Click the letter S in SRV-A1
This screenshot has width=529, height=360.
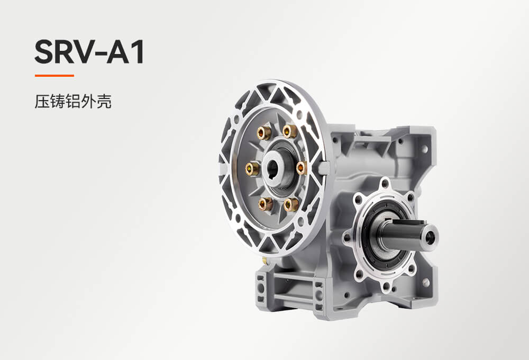(x=45, y=52)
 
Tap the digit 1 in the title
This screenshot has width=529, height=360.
(x=138, y=52)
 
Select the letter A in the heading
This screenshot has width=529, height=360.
(x=118, y=52)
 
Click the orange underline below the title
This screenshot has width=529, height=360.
(x=54, y=76)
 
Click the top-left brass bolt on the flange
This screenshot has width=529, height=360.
(x=264, y=132)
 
